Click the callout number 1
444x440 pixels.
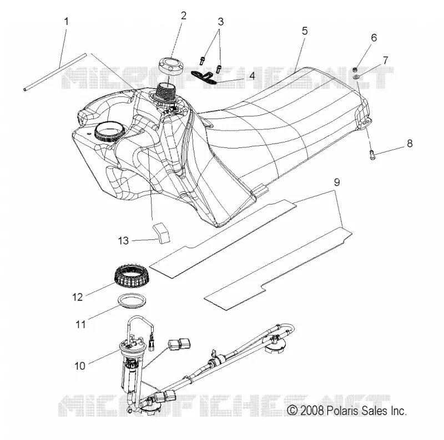point(67,22)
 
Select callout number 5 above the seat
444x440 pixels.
point(305,31)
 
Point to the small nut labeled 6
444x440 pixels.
point(355,69)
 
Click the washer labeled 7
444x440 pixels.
point(356,76)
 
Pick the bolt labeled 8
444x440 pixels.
point(372,155)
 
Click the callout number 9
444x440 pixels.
point(337,182)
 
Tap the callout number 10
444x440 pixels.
point(80,366)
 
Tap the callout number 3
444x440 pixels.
point(220,22)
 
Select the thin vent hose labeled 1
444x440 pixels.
point(54,71)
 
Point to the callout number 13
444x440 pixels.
point(123,241)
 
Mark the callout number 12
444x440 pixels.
point(77,297)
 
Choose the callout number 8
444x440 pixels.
point(410,144)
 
